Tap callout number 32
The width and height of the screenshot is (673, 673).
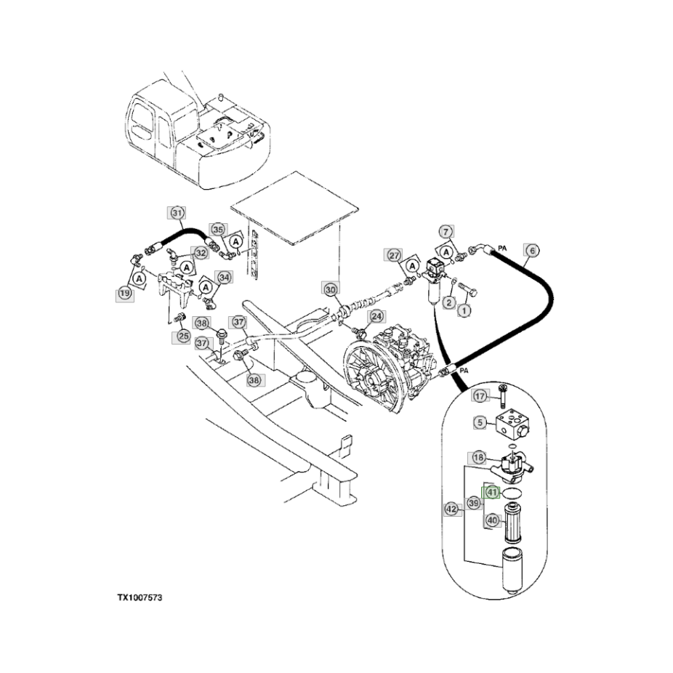click(x=200, y=253)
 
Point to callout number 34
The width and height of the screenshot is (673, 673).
click(x=224, y=278)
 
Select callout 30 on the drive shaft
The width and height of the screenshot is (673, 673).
click(x=331, y=289)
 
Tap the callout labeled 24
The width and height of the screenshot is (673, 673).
click(x=376, y=316)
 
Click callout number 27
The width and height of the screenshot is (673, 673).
click(x=393, y=255)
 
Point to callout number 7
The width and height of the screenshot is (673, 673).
click(x=446, y=231)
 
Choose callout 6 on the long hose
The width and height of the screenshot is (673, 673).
click(x=532, y=251)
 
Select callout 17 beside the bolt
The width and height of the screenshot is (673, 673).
click(x=480, y=396)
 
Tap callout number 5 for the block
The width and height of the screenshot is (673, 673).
click(x=480, y=422)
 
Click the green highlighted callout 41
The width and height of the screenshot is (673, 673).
click(x=492, y=492)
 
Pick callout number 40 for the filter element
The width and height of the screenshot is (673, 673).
click(x=492, y=520)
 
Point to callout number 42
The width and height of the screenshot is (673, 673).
click(x=451, y=509)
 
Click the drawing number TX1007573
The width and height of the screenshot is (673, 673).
click(x=140, y=597)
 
